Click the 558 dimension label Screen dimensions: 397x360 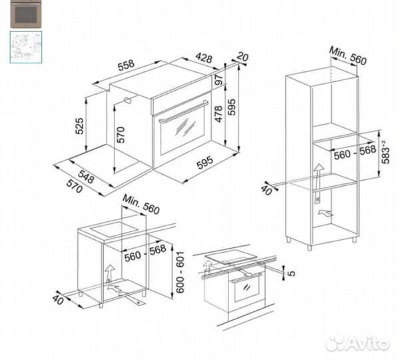(126, 65)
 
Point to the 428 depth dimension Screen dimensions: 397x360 (204, 58)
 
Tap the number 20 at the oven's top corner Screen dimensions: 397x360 (242, 57)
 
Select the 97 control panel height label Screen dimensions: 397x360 (218, 79)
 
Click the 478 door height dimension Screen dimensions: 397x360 (218, 114)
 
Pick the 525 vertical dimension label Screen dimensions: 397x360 (79, 125)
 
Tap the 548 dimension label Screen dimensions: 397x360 (86, 177)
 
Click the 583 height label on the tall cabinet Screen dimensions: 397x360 (386, 152)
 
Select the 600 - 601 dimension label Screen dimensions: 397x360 (180, 273)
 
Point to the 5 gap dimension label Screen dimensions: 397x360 (292, 273)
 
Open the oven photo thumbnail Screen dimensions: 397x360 (26, 14)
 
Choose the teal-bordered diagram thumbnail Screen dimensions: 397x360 (26, 47)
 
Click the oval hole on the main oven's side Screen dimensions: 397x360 (128, 100)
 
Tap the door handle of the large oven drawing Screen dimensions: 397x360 (184, 111)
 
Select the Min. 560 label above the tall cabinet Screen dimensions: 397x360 (348, 56)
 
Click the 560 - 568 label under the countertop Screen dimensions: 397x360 (145, 253)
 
